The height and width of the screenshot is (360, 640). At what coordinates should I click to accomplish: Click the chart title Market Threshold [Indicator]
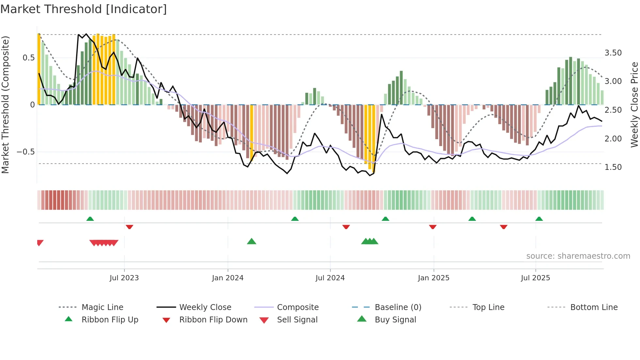84,9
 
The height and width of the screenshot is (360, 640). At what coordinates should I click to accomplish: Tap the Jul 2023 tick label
124,278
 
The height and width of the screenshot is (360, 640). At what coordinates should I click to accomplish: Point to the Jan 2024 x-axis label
228,278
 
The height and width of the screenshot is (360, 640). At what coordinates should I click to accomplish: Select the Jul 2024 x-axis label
330,278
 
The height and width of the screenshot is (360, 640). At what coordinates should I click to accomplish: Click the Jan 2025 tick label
433,278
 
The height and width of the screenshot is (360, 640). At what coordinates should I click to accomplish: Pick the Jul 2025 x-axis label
535,278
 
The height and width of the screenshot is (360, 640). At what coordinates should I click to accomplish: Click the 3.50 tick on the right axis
613,53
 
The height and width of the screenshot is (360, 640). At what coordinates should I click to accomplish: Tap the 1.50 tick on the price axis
613,167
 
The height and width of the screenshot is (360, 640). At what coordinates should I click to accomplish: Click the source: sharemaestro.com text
578,256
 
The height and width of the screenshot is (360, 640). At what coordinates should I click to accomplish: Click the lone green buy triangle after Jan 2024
251,241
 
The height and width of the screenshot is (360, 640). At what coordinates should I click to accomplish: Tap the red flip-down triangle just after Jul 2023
129,227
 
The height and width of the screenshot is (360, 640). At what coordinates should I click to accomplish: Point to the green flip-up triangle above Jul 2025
539,219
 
